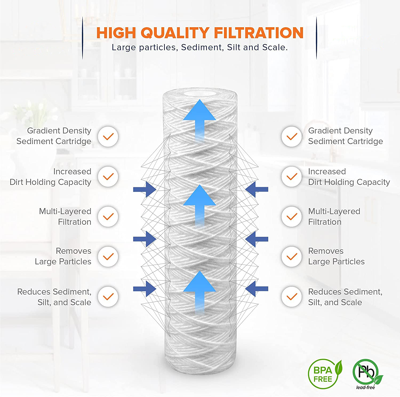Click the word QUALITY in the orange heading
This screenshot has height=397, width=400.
click(x=175, y=33)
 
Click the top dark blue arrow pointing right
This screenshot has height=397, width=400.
click(x=145, y=189)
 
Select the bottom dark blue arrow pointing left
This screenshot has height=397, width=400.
click(x=257, y=288)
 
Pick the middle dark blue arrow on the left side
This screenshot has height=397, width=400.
click(x=145, y=239)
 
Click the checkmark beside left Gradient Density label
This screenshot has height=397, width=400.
click(x=108, y=136)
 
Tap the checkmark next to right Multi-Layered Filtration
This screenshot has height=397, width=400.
click(x=292, y=217)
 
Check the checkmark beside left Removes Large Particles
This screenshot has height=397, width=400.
click(x=108, y=257)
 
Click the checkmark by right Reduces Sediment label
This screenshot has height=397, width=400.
click(x=292, y=297)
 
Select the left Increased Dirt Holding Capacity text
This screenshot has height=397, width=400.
click(x=51, y=177)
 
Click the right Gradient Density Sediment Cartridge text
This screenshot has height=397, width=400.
click(x=346, y=136)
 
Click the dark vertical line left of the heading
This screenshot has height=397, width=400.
click(x=82, y=38)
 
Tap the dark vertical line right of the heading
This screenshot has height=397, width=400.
click(x=317, y=38)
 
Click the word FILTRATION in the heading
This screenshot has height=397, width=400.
click(x=259, y=33)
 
